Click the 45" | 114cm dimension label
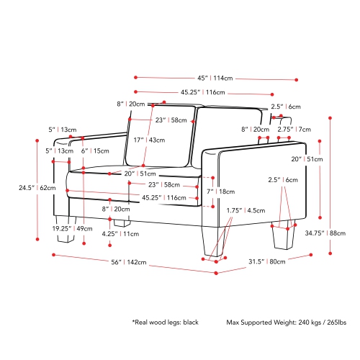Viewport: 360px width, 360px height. click(x=215, y=78)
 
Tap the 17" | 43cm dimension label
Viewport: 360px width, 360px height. click(x=149, y=140)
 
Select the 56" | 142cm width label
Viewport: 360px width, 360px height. click(x=129, y=262)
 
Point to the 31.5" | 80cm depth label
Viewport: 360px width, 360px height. click(x=267, y=261)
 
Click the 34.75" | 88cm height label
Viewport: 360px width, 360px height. click(x=325, y=233)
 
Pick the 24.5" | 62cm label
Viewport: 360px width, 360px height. click(x=37, y=188)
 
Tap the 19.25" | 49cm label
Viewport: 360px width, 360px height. click(x=72, y=228)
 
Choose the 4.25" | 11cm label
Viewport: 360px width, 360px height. click(x=120, y=234)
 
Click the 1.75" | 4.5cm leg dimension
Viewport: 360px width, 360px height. click(x=246, y=211)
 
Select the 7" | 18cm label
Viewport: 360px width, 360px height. click(x=221, y=192)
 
